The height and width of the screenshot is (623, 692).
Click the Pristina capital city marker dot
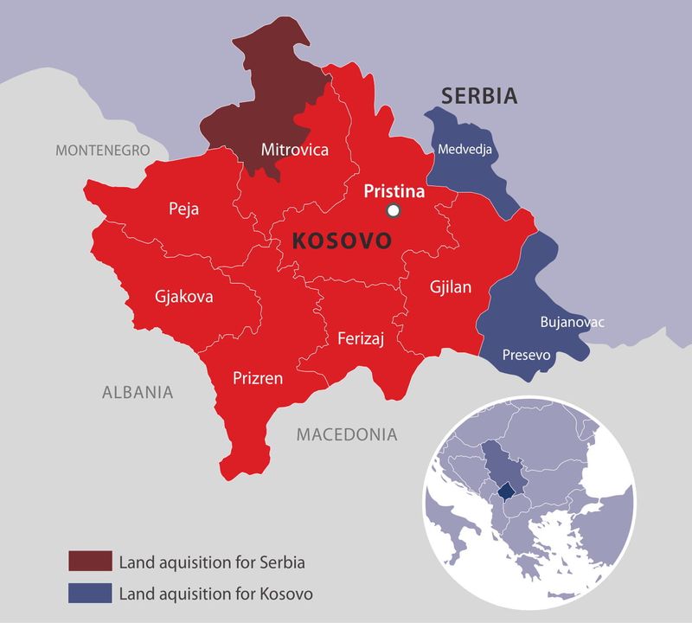394,210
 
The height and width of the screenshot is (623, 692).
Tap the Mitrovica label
295,150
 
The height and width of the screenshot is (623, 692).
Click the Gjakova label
183,296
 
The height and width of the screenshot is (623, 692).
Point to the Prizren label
257,377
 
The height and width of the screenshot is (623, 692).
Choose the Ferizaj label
361,337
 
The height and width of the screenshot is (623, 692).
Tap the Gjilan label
451,287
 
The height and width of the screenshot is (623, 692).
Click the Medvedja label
465,149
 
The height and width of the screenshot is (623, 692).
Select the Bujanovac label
572,323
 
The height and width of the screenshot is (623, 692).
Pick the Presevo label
527,354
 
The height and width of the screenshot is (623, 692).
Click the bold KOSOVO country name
343,241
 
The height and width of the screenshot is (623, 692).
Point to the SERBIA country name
479,96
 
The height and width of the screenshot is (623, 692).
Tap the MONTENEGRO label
103,151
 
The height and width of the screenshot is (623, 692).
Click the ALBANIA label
138,392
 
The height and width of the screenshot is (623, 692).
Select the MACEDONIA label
347,434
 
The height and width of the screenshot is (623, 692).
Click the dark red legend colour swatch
91,562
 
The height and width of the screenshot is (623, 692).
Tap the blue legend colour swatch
91,594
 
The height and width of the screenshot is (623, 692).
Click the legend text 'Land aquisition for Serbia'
213,562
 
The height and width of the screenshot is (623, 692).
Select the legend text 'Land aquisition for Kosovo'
215,594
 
